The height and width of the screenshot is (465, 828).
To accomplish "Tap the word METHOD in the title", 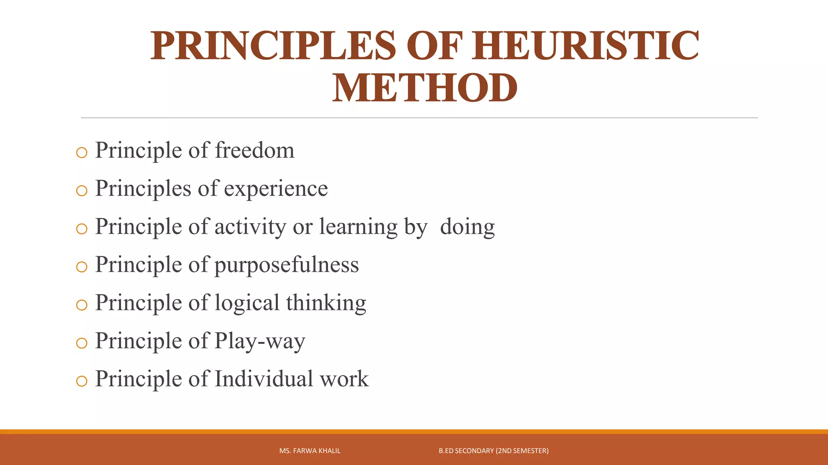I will point(425,88).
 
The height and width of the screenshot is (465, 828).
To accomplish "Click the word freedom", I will point(254,151).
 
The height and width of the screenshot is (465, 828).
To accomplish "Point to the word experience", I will point(276,189).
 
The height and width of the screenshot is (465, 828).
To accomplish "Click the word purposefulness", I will point(286,265).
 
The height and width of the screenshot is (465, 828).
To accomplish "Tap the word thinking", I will point(326,303).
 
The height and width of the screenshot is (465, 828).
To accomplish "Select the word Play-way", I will point(260,341).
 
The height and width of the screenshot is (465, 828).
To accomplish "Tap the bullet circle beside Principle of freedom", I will point(82,153).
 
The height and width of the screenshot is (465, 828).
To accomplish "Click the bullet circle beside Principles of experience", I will point(82,191).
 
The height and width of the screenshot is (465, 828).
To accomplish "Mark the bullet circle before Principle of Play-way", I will point(82,343).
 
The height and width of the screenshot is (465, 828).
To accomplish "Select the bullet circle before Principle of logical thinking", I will point(82,305).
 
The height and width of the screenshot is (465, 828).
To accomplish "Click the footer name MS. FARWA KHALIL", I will point(310,451).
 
